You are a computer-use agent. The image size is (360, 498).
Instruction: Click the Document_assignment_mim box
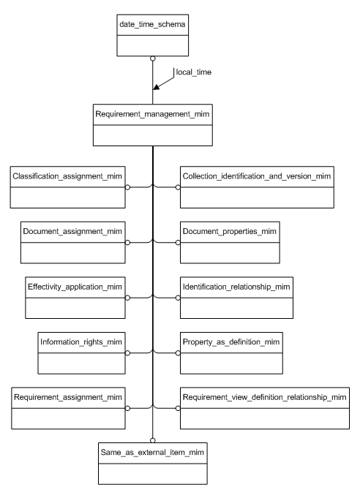pos(75,242)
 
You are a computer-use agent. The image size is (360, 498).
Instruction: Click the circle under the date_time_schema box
pos(152,58)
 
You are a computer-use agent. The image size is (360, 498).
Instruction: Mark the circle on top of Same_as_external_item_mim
pos(152,439)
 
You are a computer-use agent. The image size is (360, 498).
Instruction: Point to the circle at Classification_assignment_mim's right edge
pos(127,186)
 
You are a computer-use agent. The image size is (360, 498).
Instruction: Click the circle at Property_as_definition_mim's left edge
pos(178,353)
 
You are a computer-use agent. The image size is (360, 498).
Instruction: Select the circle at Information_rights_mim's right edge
pos(127,353)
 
